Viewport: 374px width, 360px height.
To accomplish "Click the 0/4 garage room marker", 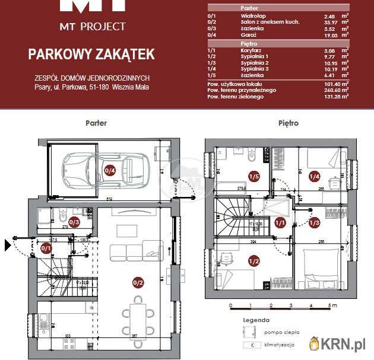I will click(x=110, y=171).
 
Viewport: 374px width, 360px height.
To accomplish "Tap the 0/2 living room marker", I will click(x=138, y=283).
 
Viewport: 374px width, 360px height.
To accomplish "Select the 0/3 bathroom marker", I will click(x=75, y=222).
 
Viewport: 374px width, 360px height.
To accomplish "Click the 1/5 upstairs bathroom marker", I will click(x=254, y=176).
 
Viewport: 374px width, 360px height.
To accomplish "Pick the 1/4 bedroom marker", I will click(x=314, y=176).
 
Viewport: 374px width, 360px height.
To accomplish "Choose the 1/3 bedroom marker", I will click(x=314, y=222).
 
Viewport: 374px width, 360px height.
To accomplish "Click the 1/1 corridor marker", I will click(x=281, y=222).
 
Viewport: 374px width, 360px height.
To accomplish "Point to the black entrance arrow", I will click(x=8, y=244).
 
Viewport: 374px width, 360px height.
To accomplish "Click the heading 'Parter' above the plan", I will click(x=96, y=123).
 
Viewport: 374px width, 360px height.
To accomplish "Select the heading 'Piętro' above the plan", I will click(x=289, y=123).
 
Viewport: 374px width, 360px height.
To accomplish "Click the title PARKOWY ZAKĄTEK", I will click(x=91, y=55).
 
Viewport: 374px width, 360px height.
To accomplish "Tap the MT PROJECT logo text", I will click(x=93, y=26).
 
